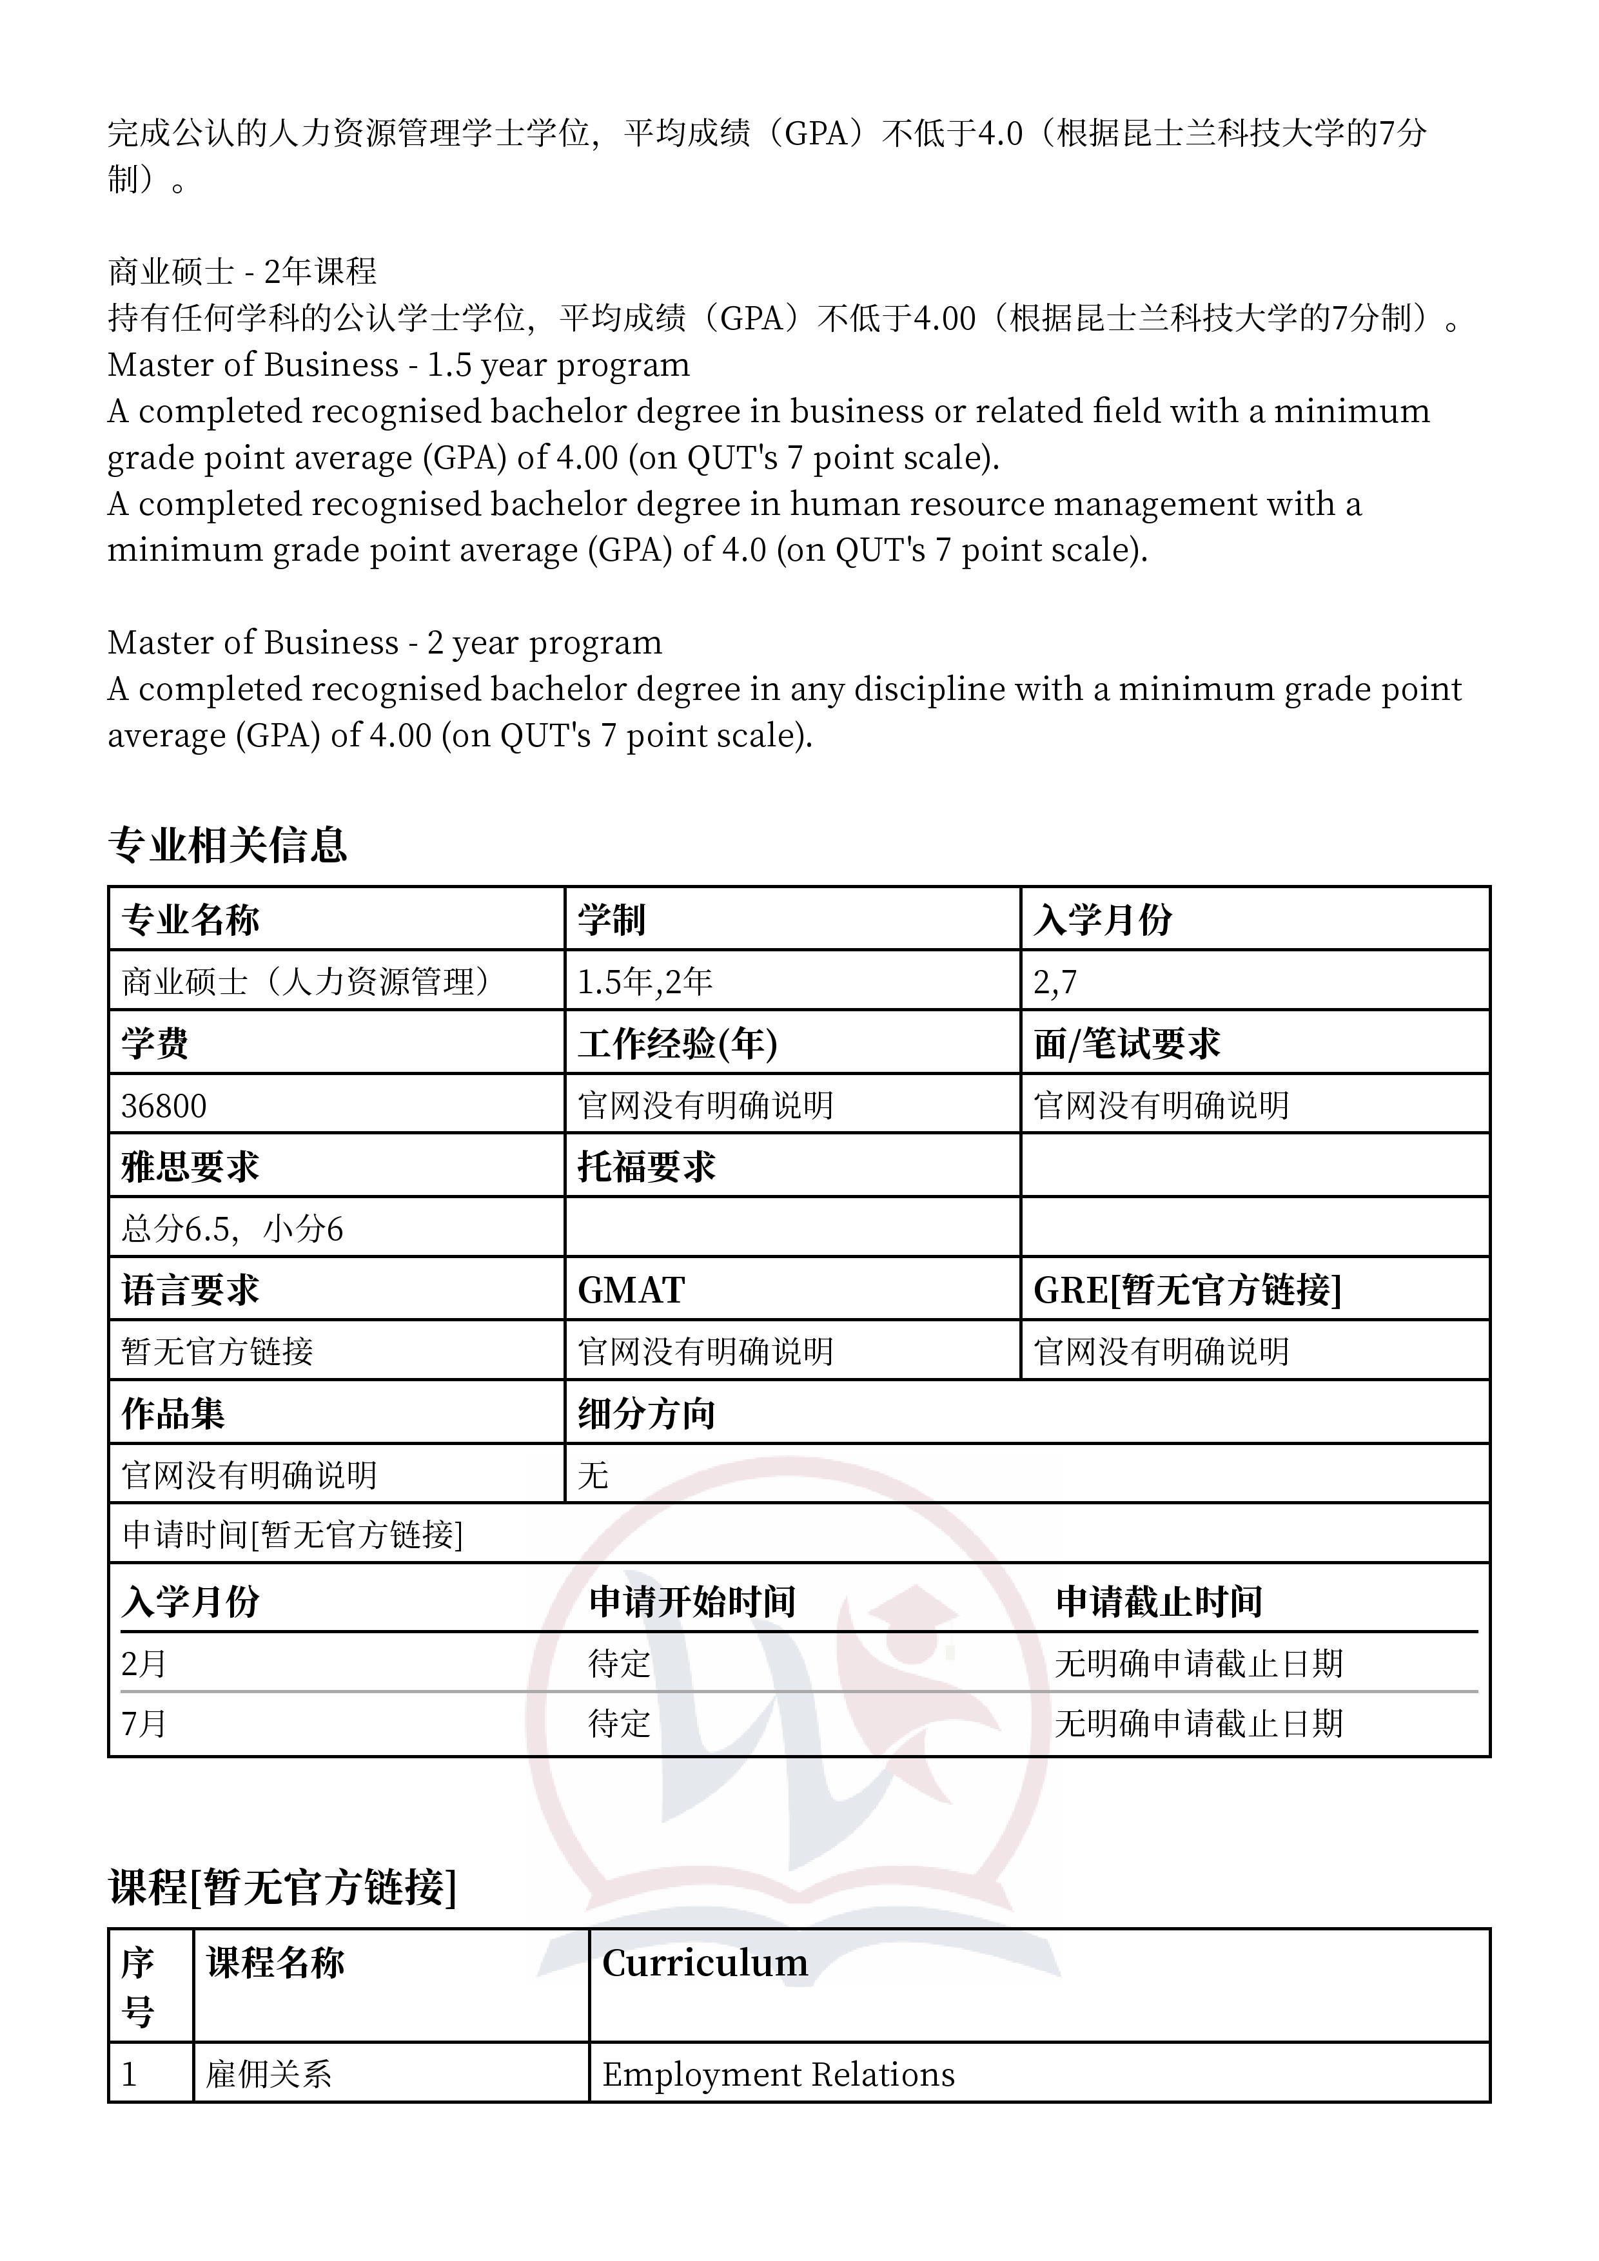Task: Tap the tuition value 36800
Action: [164, 1106]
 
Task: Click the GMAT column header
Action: [631, 1290]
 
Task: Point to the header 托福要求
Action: [646, 1167]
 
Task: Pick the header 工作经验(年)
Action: [678, 1044]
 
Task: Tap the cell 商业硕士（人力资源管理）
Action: [306, 982]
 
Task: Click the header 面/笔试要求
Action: [1127, 1044]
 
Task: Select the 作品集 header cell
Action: [173, 1414]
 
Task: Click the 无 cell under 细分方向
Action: [593, 1475]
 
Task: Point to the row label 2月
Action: [144, 1664]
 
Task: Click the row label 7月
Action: [144, 1723]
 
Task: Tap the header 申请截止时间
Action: [1159, 1602]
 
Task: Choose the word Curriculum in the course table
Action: [705, 1963]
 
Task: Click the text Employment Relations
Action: [778, 2075]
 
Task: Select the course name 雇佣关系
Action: [268, 2075]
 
